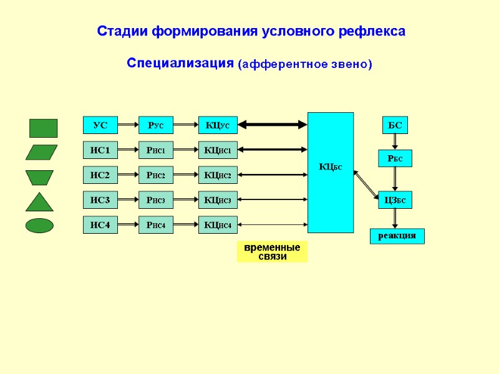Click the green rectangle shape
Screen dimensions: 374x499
[x=43, y=128]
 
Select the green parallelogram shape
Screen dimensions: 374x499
[x=41, y=152]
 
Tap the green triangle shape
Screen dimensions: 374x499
[x=39, y=202]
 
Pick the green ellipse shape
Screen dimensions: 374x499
[x=39, y=225]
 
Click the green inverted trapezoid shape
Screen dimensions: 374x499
[x=39, y=178]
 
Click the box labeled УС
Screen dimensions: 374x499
[x=100, y=125]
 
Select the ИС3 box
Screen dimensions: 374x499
[x=100, y=200]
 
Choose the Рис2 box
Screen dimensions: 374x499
[x=155, y=175]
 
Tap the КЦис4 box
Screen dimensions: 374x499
[x=218, y=225]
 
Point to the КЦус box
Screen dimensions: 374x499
[x=218, y=125]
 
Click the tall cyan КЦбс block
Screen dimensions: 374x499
[x=331, y=172]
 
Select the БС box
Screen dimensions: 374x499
[x=395, y=125]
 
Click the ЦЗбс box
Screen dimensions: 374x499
[x=395, y=200]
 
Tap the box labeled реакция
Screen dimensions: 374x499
[x=397, y=236]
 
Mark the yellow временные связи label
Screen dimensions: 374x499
[x=272, y=252]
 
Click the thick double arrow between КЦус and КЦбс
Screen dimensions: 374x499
[x=273, y=125]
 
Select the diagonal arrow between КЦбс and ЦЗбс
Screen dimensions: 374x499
[x=367, y=185]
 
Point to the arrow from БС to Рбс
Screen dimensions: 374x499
[x=395, y=141]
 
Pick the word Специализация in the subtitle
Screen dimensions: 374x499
[x=180, y=64]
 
